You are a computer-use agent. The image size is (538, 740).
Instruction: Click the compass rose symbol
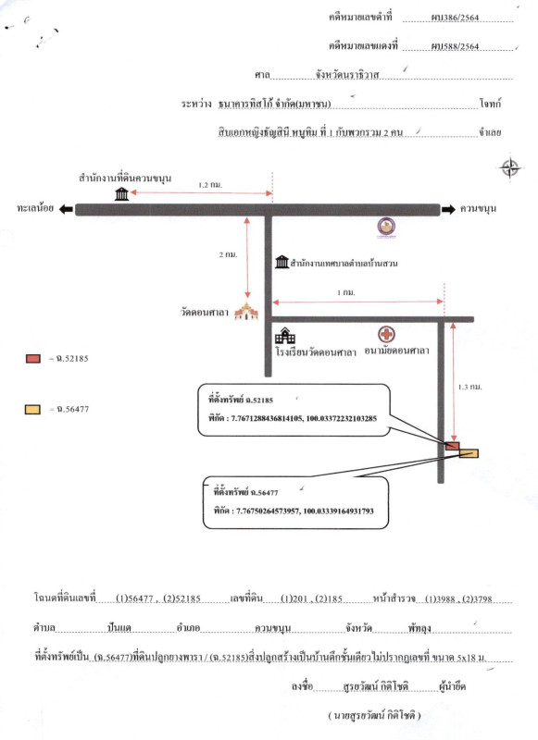[x=510, y=167]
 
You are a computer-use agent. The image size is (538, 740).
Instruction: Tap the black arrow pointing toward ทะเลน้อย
[x=66, y=209]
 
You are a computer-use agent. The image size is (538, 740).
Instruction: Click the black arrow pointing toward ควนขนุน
[x=448, y=209]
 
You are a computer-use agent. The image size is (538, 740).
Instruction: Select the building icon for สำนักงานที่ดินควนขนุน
[x=122, y=193]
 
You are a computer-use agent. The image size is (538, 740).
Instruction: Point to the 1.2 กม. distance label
[x=210, y=185]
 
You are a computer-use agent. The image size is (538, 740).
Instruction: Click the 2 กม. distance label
[x=228, y=254]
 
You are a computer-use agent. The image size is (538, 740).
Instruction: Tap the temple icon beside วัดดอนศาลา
[x=246, y=311]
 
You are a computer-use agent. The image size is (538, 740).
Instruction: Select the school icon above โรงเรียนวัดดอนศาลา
[x=285, y=336]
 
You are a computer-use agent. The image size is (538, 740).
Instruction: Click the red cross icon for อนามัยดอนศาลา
[x=386, y=335]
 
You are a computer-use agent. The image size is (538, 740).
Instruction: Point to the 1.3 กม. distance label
[x=470, y=387]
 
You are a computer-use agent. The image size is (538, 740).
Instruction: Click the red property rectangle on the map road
[x=452, y=446]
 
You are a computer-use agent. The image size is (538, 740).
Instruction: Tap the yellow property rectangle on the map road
[x=469, y=453]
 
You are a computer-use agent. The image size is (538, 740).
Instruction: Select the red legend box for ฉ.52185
[x=33, y=359]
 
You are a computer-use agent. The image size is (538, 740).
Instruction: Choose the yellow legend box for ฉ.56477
[x=32, y=410]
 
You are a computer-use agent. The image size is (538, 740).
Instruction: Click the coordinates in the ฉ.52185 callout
[x=304, y=418]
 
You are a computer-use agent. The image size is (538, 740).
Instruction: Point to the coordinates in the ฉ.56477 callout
[x=305, y=511]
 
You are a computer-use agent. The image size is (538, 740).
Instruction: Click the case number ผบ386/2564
[x=455, y=18]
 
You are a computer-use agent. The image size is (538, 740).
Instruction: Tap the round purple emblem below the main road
[x=386, y=227]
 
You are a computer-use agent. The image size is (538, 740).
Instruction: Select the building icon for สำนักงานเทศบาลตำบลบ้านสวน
[x=282, y=262]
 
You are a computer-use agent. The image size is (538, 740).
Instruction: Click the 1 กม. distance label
[x=346, y=292]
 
